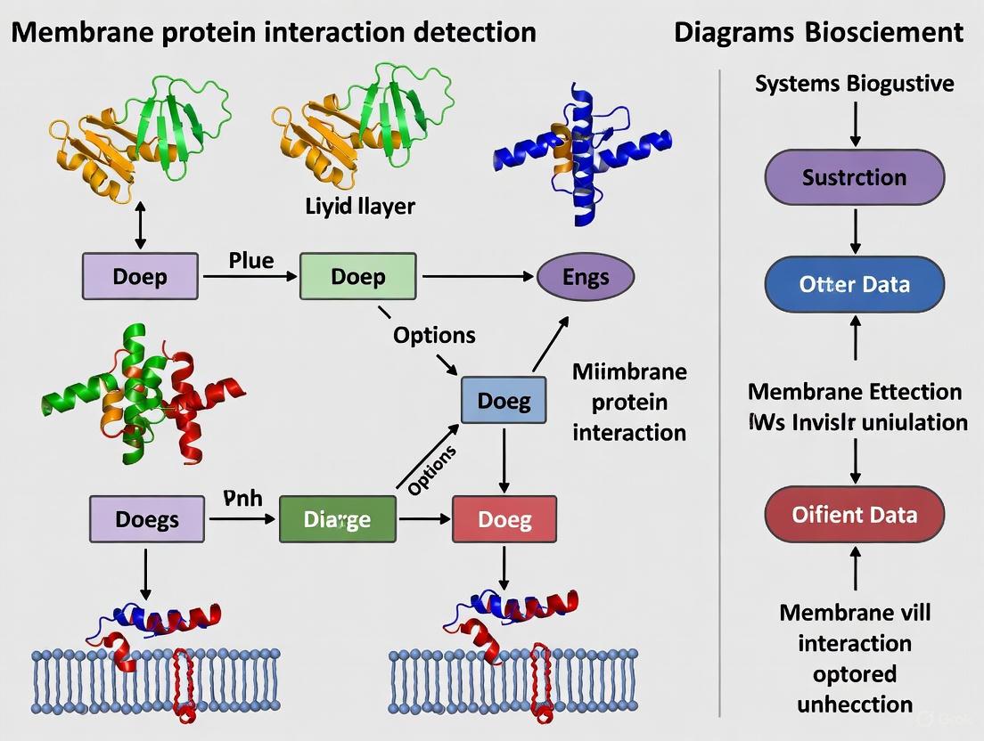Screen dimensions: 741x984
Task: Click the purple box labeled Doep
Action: coord(140,276)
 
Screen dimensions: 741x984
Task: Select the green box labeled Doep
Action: coord(357,276)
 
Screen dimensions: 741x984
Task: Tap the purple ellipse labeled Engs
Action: coord(586,276)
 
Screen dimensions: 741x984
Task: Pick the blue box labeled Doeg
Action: coord(504,401)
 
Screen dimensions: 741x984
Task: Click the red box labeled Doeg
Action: coord(504,518)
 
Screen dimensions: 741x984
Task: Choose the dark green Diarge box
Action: coord(338,518)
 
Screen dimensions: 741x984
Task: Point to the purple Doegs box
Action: coord(146,518)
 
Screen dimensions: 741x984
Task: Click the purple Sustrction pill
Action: coord(854,176)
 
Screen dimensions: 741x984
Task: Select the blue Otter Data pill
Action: coord(854,284)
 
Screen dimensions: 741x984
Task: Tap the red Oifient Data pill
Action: coord(854,514)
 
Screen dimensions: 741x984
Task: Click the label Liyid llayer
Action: coord(360,207)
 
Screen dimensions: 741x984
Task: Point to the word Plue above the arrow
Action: coord(251,260)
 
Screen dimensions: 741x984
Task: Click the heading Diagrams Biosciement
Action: coord(818,33)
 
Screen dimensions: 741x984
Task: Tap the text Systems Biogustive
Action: coord(854,84)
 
